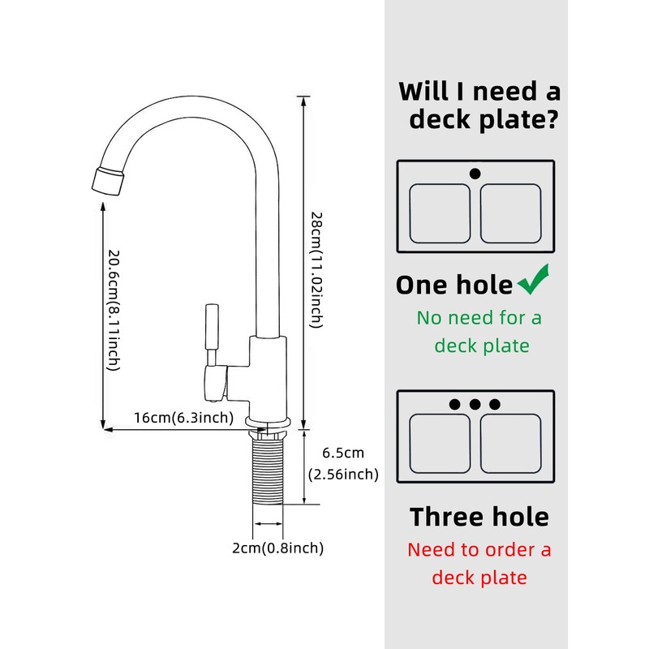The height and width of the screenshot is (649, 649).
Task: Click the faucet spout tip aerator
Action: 108,181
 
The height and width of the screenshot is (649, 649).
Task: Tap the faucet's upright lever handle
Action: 212,327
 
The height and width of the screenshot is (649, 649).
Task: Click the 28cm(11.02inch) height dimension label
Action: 316,270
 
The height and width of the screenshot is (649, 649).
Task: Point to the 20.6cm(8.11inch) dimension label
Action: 114,310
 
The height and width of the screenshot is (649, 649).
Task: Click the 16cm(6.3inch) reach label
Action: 184,418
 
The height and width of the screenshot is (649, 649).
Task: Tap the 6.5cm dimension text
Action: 343,453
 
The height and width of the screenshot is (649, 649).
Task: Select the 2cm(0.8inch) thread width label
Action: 277,548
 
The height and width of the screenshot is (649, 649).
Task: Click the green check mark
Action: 533,281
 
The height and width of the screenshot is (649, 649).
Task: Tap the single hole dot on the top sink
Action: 475,174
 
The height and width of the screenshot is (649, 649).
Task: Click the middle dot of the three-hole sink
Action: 475,404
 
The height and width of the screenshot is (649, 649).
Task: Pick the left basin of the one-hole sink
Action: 440,213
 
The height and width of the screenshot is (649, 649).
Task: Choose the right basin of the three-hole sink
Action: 511,443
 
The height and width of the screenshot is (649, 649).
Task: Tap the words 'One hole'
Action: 454,285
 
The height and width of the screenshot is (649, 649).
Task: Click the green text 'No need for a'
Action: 479,318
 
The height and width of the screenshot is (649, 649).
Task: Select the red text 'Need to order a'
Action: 479,550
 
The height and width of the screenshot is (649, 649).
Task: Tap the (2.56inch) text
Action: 343,475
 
